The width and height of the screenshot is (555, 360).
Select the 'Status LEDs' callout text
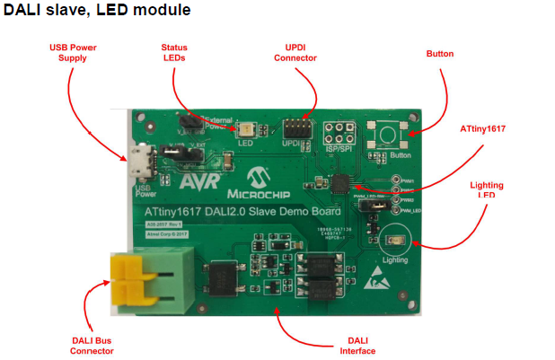coord(174,52)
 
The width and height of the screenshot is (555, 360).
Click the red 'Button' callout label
coord(440,54)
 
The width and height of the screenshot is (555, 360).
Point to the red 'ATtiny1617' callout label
coord(481,128)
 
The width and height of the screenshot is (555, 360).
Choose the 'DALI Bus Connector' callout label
coord(92,345)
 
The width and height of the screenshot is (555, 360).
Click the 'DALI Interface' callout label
coord(357,345)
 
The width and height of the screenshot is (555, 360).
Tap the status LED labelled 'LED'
coord(243,128)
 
